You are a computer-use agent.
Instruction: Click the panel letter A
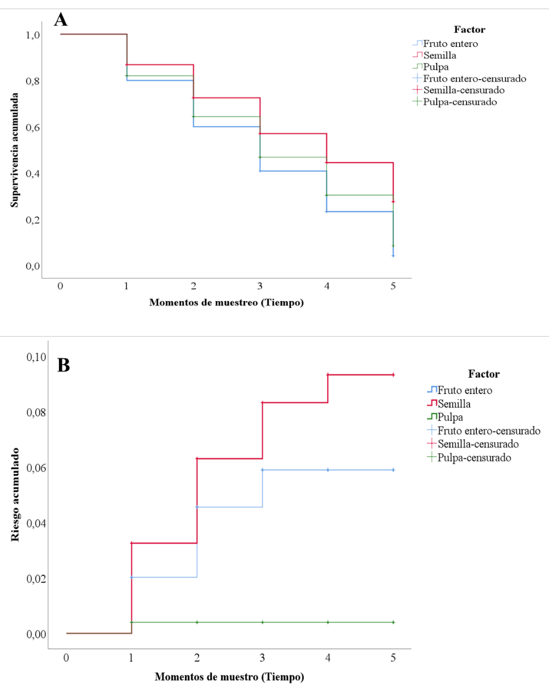[x=61, y=21]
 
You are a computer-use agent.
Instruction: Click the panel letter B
[x=64, y=365]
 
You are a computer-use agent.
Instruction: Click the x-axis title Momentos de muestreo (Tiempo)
[x=226, y=303]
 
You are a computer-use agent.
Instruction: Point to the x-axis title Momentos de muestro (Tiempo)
[x=229, y=677]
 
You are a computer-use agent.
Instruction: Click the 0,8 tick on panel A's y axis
[x=32, y=81]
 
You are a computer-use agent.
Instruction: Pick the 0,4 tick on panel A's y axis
[x=32, y=173]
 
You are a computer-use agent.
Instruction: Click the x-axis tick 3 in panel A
[x=260, y=286]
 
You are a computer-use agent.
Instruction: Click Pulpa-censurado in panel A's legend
[x=460, y=102]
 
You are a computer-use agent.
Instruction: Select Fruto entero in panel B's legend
[x=465, y=390]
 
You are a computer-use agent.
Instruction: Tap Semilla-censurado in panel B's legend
[x=478, y=444]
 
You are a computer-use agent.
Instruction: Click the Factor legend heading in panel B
[x=484, y=374]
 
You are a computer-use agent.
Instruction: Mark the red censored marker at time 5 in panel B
[x=393, y=374]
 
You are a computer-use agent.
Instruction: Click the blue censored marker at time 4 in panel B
[x=328, y=469]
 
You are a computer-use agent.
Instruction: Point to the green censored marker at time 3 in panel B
[x=263, y=622]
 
